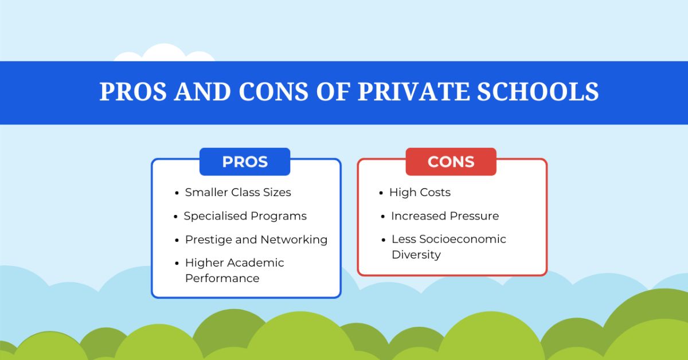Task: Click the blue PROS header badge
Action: [x=245, y=162]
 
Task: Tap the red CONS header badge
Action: [x=451, y=162]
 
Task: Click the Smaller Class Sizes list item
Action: [x=238, y=193]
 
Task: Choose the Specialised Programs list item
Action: [x=245, y=216]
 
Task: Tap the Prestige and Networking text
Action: [x=256, y=240]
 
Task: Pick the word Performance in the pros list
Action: [x=222, y=279]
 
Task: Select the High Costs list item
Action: [x=420, y=193]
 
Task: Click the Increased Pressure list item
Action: [x=445, y=216]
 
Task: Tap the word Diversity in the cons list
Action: [x=416, y=255]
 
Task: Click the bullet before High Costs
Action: [x=381, y=193]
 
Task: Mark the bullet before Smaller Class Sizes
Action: [x=177, y=193]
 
